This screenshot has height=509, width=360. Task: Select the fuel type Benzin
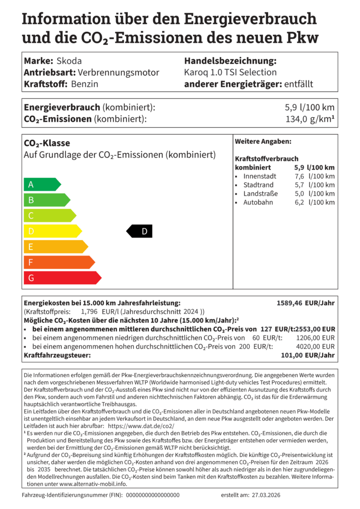[85, 84]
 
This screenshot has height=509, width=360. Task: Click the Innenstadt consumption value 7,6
[299, 176]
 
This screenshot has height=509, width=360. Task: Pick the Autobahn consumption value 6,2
[299, 202]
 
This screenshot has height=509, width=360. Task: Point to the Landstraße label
[260, 194]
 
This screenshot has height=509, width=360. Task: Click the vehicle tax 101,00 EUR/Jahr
[308, 355]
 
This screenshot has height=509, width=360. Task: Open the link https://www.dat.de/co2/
[148, 426]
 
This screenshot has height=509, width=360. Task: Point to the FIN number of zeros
[153, 495]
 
